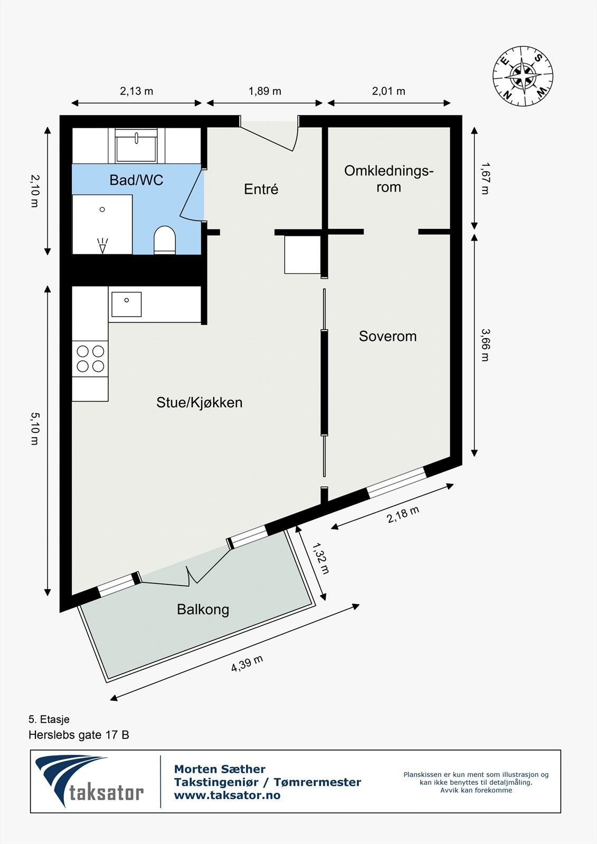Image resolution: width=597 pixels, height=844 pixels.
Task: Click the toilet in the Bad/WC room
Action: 164,241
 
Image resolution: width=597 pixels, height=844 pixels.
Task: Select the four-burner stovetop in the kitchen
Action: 90,358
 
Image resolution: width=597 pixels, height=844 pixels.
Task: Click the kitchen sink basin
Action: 126,304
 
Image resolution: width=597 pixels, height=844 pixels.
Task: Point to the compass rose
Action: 523,75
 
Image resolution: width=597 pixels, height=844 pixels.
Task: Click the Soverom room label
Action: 387,336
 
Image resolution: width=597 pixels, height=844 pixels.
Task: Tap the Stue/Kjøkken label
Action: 199,402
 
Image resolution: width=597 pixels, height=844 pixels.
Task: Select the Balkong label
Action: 203,609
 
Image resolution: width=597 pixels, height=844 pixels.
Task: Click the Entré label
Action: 261,189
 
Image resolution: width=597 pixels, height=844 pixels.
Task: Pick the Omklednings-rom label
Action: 388,179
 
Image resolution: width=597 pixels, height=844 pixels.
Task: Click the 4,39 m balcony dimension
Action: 247,664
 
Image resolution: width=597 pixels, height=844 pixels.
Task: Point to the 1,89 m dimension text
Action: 265,91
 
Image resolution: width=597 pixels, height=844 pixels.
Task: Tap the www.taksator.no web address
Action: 227,795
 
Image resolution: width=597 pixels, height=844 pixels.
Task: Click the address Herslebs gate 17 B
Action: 79,734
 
